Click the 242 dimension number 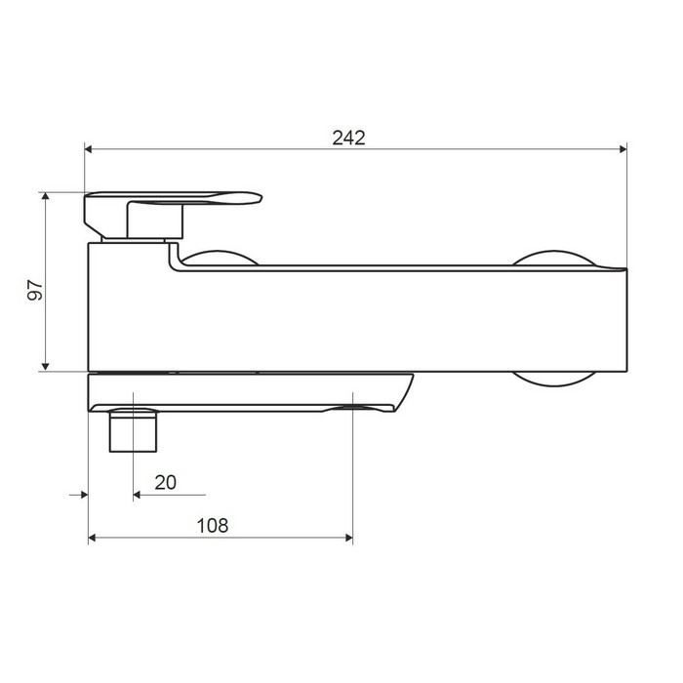pyautogui.click(x=348, y=138)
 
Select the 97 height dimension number pyautogui.click(x=35, y=290)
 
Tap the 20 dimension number pyautogui.click(x=166, y=483)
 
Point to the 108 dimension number pyautogui.click(x=213, y=525)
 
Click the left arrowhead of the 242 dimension pyautogui.click(x=88, y=149)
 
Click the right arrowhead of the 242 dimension pyautogui.click(x=623, y=149)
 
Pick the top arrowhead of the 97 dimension pyautogui.click(x=45, y=196)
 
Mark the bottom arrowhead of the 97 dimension pyautogui.click(x=45, y=366)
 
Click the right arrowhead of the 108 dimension pyautogui.click(x=349, y=538)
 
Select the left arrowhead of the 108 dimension pyautogui.click(x=92, y=538)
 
